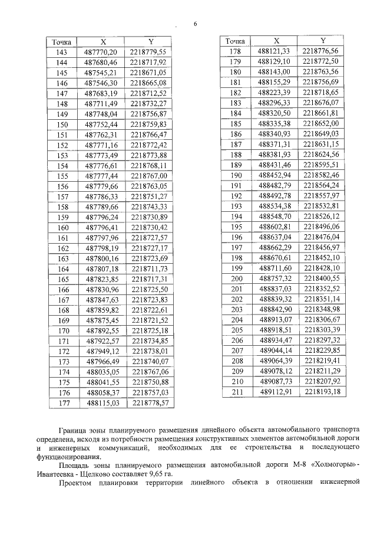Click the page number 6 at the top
point(195,24)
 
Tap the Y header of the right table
point(323,41)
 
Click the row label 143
point(62,53)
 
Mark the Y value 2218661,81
point(323,113)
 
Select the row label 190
point(236,175)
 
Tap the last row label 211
point(236,392)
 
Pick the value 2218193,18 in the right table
point(323,392)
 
